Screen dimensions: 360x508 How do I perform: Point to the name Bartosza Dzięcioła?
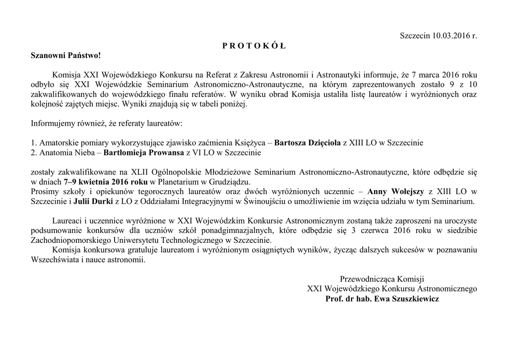(308, 143)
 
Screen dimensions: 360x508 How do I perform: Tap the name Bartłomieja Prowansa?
(144, 152)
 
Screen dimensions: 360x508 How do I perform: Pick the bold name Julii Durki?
(93, 202)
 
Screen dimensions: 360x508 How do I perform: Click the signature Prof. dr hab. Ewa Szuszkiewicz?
(382, 299)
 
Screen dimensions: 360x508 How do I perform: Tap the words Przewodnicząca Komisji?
(382, 279)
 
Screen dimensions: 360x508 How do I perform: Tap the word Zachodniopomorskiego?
(68, 240)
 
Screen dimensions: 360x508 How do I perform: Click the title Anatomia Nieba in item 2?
(68, 152)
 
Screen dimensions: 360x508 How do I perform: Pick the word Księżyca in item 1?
(252, 143)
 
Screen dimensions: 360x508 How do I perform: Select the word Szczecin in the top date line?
(415, 36)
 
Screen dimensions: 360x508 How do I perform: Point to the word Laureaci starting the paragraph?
(68, 220)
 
